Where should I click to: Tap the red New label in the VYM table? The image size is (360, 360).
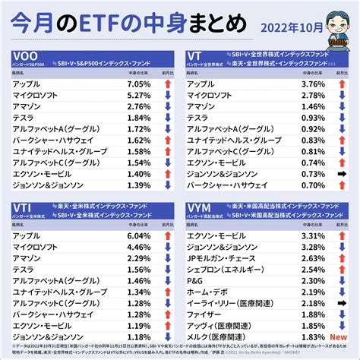(x=338, y=336)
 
